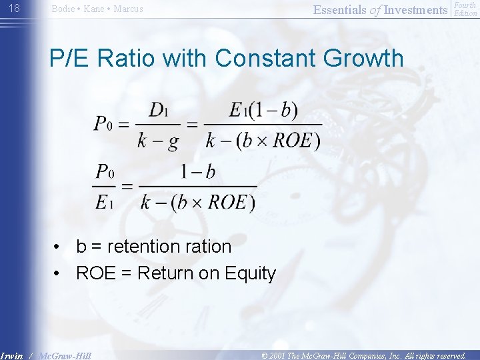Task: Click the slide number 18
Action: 15,8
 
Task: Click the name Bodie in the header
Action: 63,9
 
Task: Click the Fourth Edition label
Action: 465,9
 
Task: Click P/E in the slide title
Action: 70,58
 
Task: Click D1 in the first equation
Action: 159,111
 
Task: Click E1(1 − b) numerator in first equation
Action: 263,111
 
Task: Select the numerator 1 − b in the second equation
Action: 198,172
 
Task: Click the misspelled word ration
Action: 208,247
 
